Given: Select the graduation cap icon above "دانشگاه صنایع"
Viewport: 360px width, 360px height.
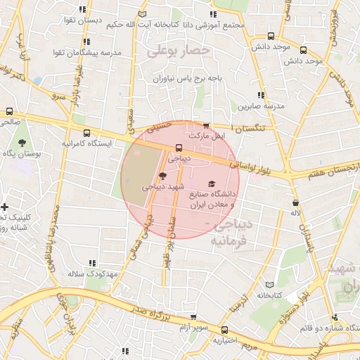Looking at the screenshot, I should click(212, 184).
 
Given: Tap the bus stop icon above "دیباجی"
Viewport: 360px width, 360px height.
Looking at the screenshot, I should click(179, 148).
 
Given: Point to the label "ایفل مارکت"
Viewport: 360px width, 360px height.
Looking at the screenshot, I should click(206, 135).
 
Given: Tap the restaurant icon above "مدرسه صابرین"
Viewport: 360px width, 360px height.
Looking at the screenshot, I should click(261, 95).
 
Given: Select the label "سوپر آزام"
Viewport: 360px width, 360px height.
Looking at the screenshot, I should click(193, 328).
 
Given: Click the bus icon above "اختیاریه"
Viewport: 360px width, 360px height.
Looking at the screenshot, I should click(225, 330).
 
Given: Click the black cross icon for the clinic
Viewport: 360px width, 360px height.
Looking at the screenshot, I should click(6, 207).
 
